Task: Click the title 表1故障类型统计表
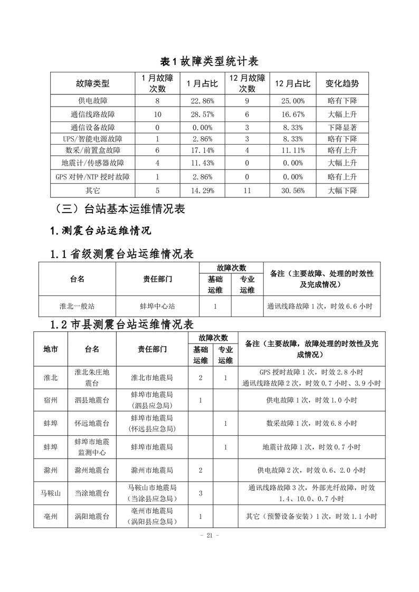pyautogui.click(x=209, y=61)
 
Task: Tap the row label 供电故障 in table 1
pyautogui.click(x=93, y=101)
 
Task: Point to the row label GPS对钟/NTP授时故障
pyautogui.click(x=93, y=177)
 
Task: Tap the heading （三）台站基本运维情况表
pyautogui.click(x=119, y=209)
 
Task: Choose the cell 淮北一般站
pyautogui.click(x=78, y=305)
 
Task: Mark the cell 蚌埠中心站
pyautogui.click(x=157, y=305)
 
